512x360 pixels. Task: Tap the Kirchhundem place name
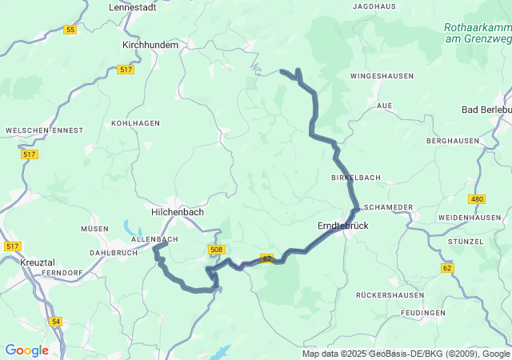click(x=150, y=46)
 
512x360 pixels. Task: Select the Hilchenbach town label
click(x=178, y=212)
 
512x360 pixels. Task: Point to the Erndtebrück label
click(x=343, y=226)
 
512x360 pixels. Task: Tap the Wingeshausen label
click(x=382, y=76)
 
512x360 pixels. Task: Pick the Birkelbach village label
click(x=355, y=177)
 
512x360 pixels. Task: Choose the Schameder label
click(x=390, y=207)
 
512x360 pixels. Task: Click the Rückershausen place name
click(x=386, y=295)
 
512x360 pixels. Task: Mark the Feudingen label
click(x=424, y=312)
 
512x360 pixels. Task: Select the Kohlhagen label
click(x=135, y=123)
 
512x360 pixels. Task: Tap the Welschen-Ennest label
click(x=34, y=130)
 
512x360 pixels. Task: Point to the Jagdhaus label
click(x=374, y=6)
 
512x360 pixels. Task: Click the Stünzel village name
click(x=466, y=241)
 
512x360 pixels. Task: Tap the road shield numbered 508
click(x=216, y=250)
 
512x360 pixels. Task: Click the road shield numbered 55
click(x=70, y=30)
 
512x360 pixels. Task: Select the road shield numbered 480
click(x=478, y=199)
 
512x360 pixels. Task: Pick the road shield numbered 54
click(x=55, y=321)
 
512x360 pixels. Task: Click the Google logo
click(x=26, y=350)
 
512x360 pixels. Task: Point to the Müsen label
click(x=94, y=229)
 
